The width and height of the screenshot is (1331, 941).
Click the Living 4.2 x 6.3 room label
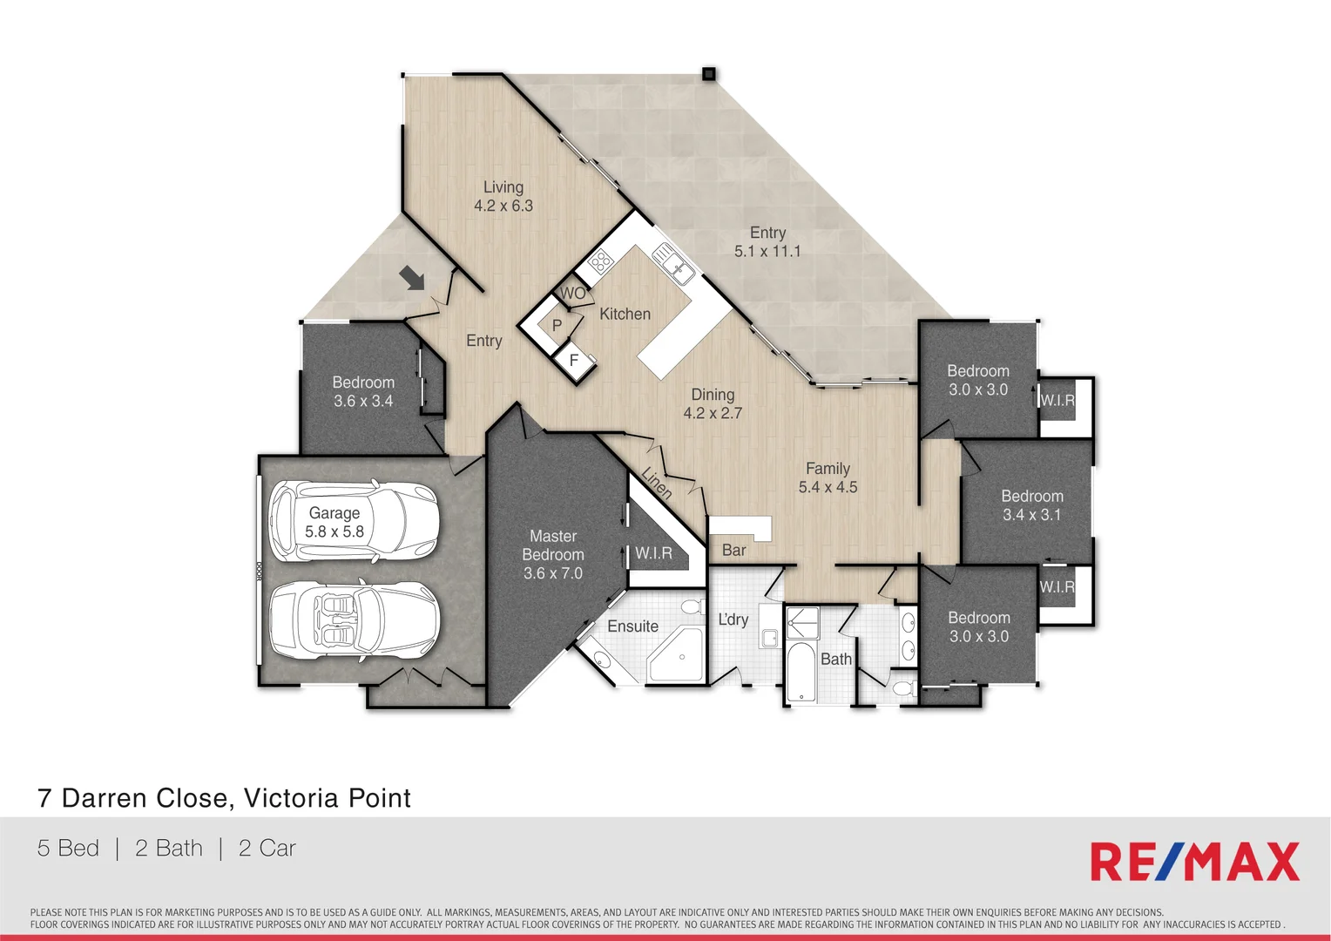(x=503, y=196)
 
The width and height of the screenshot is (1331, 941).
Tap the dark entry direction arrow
(x=412, y=278)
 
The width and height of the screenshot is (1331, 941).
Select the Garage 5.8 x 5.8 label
(x=334, y=522)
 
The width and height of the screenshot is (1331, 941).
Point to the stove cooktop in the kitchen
(x=599, y=261)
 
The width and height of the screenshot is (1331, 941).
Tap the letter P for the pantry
(x=557, y=325)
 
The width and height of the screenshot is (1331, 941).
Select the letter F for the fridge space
(x=574, y=359)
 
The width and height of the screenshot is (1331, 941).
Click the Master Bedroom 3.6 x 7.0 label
(x=553, y=555)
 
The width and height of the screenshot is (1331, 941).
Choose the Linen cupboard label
(x=656, y=483)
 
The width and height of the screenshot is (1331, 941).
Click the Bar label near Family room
(x=733, y=550)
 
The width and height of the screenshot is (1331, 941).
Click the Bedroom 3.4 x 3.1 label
(x=1031, y=505)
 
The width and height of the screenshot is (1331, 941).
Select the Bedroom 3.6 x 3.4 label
(x=363, y=391)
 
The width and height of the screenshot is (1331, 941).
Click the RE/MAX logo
(x=1194, y=862)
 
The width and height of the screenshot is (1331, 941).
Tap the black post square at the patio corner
(x=709, y=74)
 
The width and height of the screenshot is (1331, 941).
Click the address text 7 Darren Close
(x=224, y=798)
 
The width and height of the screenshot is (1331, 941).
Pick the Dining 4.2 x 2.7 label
(x=713, y=403)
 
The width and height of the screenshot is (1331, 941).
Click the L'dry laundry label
(x=733, y=619)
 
